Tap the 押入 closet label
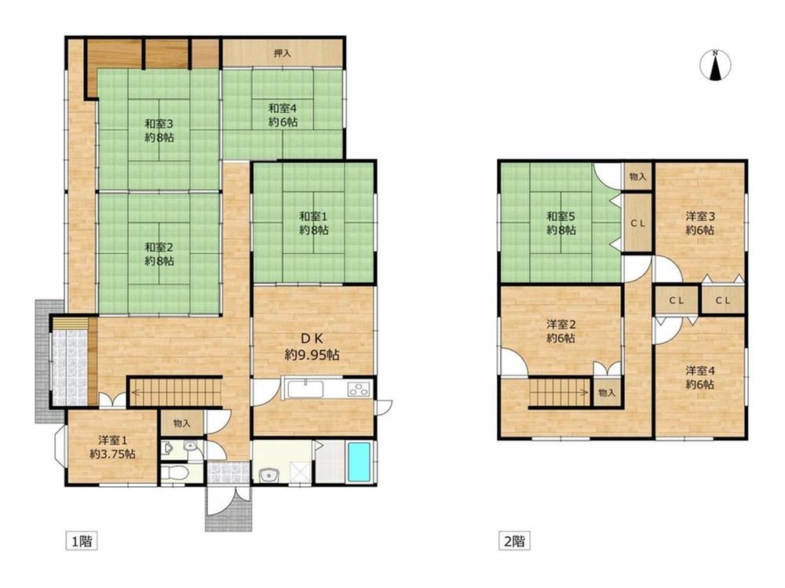283,53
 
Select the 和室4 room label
283,114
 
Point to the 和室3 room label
159,130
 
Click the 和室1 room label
314,223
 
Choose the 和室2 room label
159,253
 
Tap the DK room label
312,347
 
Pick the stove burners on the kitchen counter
359,388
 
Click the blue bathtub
359,462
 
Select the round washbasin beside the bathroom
269,474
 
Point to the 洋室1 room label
112,447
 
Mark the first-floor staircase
175,391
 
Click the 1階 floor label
82,540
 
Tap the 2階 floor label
514,540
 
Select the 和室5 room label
560,223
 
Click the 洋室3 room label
700,223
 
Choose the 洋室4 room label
700,378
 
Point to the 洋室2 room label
560,331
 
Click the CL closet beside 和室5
637,223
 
